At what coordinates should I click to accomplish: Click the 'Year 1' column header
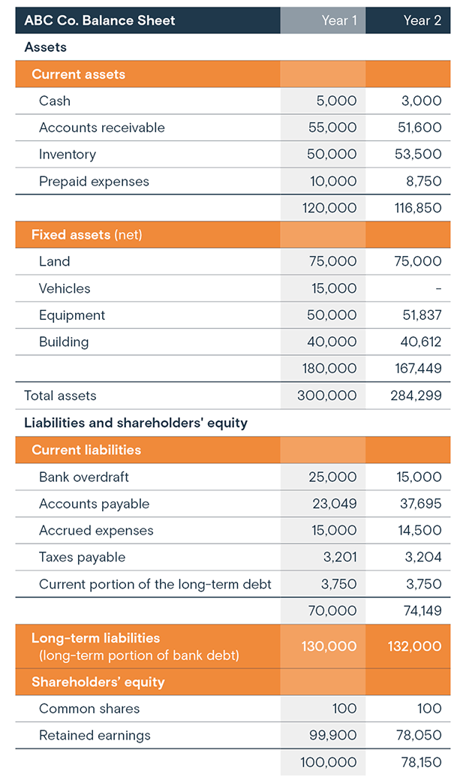(339, 20)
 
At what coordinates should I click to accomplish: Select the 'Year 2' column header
(422, 20)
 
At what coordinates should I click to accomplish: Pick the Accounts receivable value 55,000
(332, 128)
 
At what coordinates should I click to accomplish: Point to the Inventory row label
(68, 155)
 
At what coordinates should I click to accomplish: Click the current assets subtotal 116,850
(416, 208)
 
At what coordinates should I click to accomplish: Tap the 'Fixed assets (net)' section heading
(86, 235)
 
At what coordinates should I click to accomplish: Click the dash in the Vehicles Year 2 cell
(438, 289)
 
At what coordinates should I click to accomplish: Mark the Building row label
(64, 342)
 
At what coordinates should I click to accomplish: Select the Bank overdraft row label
(84, 477)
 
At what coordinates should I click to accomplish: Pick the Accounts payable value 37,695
(419, 504)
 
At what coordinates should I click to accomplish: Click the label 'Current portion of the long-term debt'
(155, 584)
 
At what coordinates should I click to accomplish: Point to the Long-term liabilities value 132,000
(414, 646)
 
